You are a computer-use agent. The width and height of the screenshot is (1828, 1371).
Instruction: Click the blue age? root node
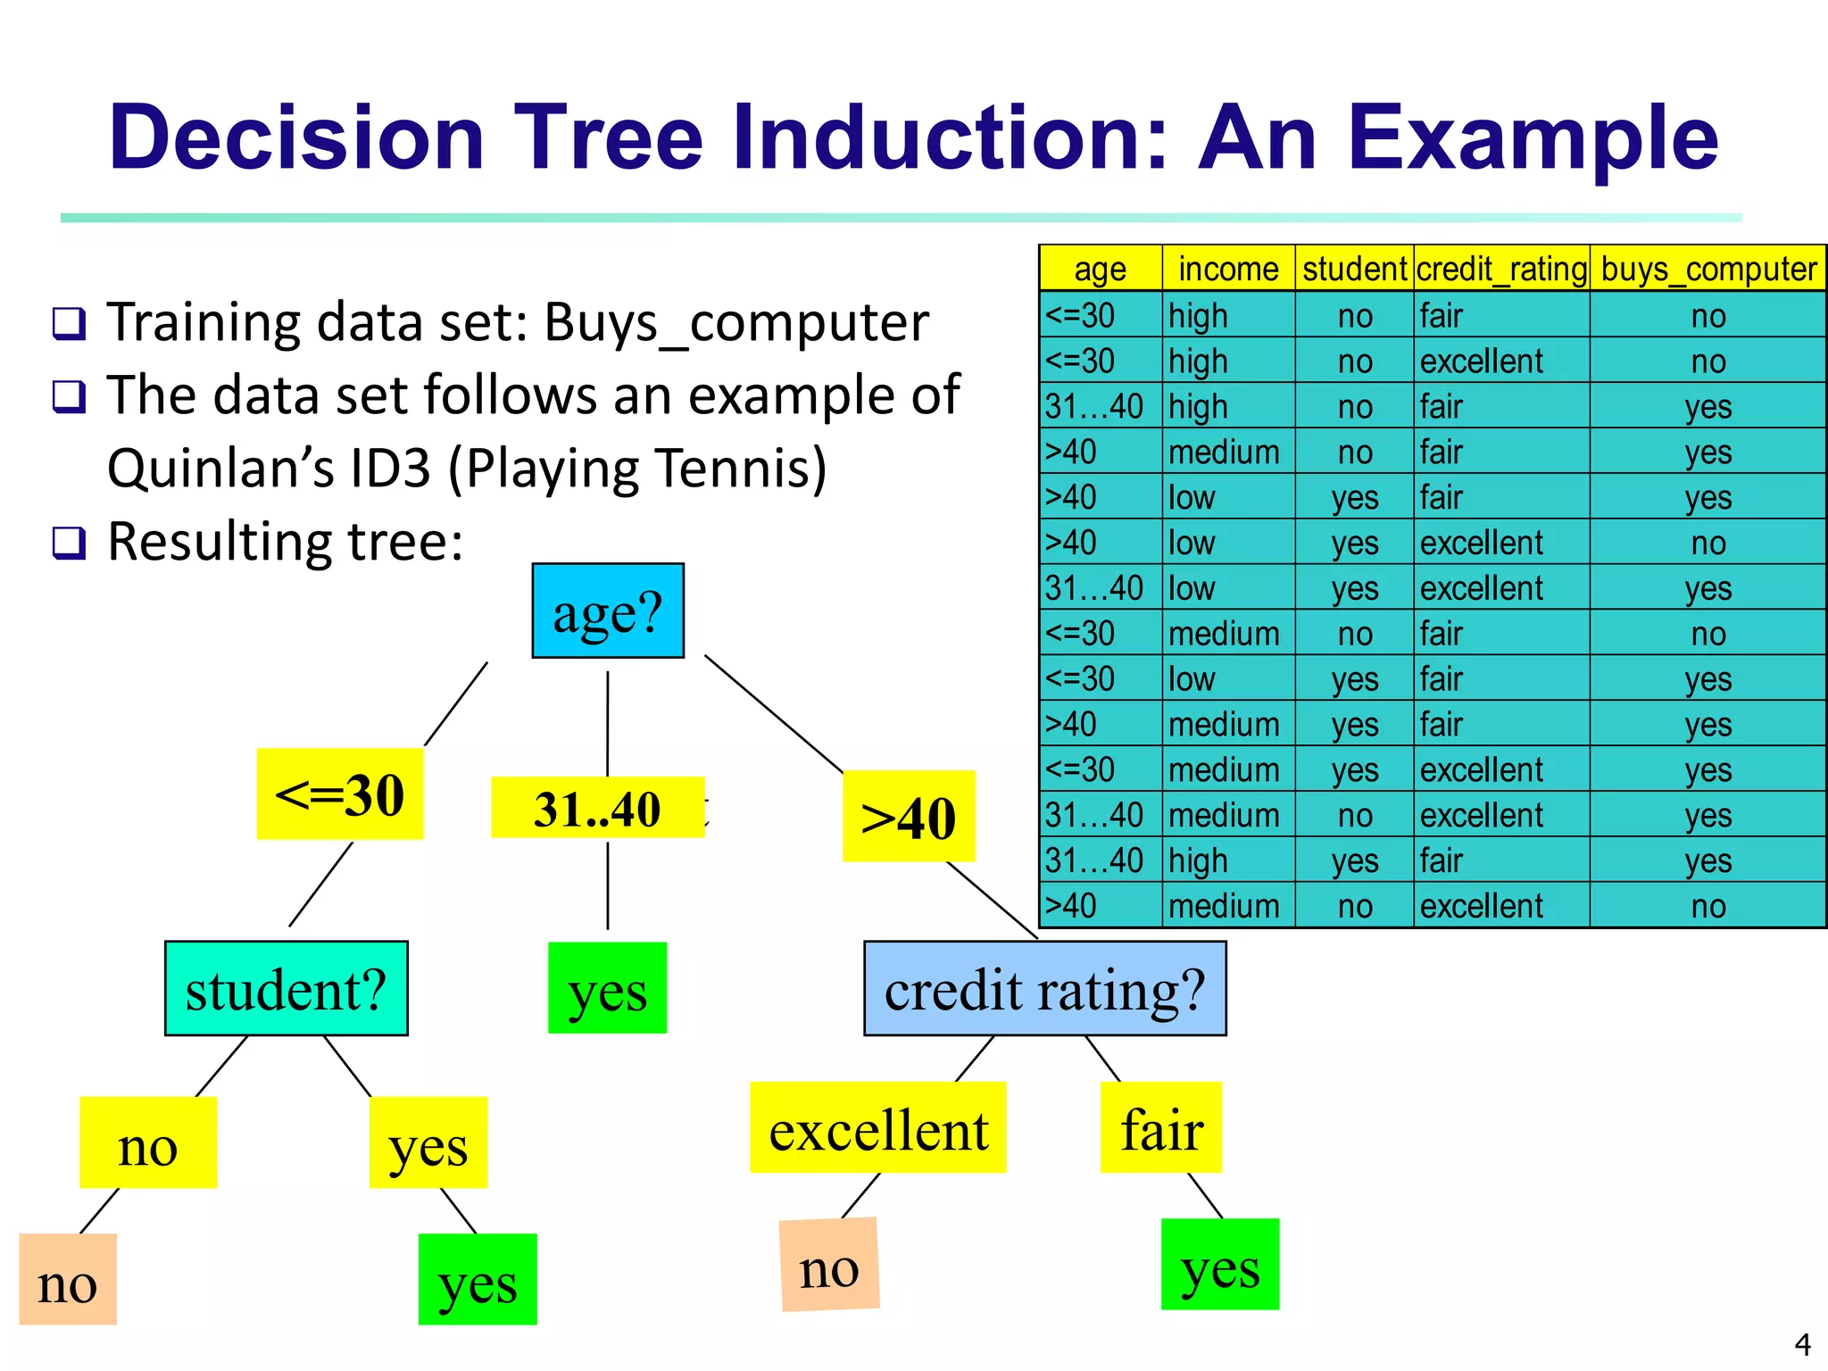click(x=608, y=611)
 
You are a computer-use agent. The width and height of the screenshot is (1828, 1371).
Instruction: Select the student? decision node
click(x=286, y=989)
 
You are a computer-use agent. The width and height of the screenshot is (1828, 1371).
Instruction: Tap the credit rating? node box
click(x=1044, y=989)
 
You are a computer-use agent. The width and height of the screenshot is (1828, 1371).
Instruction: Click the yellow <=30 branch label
click(x=340, y=794)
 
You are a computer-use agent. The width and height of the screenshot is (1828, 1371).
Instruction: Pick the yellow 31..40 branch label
click(x=597, y=808)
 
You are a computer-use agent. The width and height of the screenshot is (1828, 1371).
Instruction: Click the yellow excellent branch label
click(x=877, y=1128)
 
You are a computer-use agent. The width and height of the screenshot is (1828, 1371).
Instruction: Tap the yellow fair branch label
click(x=1160, y=1128)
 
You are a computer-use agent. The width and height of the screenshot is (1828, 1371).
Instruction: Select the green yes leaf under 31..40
click(x=607, y=989)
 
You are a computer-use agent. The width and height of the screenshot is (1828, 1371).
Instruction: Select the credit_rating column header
click(x=1501, y=269)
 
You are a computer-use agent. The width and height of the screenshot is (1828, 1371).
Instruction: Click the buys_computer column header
click(x=1708, y=269)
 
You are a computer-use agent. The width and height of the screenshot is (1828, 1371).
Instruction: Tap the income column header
click(x=1228, y=269)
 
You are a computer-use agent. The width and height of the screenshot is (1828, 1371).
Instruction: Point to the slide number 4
click(x=1802, y=1343)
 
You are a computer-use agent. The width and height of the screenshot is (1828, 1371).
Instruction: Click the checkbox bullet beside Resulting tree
click(x=70, y=543)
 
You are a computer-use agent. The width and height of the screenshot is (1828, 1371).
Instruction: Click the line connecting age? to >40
click(x=773, y=714)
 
